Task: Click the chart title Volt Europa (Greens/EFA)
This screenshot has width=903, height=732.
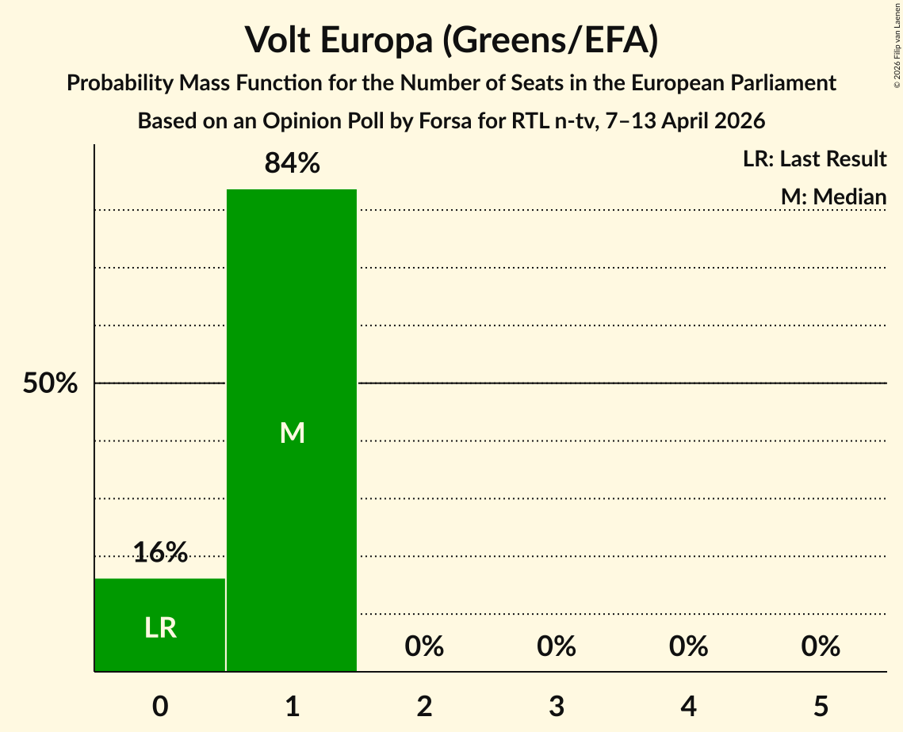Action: pos(451,40)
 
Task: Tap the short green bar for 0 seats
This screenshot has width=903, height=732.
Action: pos(160,602)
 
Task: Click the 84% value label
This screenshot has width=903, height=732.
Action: pos(292,164)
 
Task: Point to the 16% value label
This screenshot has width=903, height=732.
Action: pos(160,552)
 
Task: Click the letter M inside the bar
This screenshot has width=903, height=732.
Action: pos(292,433)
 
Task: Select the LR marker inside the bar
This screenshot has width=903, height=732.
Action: pos(160,628)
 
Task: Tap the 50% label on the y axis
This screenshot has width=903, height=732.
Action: pos(50,384)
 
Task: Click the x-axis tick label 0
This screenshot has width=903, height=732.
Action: pos(160,707)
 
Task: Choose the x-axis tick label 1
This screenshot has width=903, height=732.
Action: pos(292,707)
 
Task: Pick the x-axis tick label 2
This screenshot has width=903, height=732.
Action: pos(424,707)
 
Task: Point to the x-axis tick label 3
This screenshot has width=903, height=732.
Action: pos(556,707)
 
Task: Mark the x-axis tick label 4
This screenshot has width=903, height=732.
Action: pos(688,707)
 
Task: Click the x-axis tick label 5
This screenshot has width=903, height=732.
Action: pos(821,707)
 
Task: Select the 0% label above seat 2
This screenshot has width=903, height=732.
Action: pos(424,646)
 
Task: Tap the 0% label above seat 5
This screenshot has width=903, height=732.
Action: pos(821,646)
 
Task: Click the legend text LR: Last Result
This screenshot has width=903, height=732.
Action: pos(814,159)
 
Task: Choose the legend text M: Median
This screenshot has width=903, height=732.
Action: pos(832,196)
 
